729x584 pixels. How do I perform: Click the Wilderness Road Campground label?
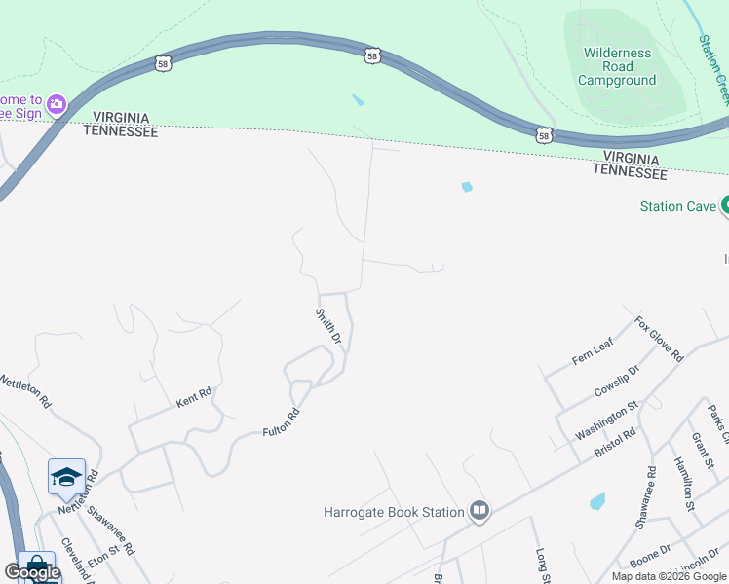click(618, 66)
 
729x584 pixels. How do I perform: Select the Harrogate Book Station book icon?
click(479, 511)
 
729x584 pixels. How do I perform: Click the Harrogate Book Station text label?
click(394, 512)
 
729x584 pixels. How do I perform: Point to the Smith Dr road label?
click(327, 327)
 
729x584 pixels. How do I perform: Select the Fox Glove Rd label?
click(659, 339)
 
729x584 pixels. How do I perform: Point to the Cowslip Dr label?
click(616, 383)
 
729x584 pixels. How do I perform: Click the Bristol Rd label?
click(615, 443)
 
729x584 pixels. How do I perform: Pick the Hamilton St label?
click(682, 483)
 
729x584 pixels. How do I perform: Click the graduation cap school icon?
click(66, 477)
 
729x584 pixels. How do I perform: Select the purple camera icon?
click(56, 103)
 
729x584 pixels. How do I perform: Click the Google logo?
click(32, 572)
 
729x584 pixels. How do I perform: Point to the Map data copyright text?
click(668, 576)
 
